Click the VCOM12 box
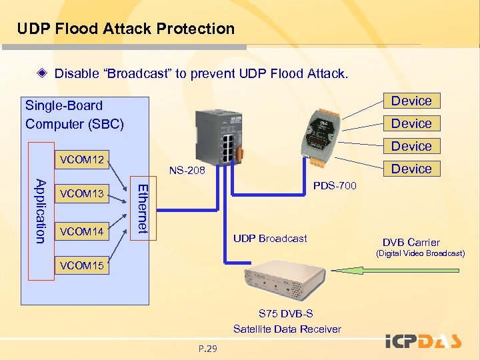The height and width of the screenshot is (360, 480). [x=82, y=159]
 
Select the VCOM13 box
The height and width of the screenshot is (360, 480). [x=82, y=193]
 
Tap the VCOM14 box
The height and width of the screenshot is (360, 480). [x=82, y=231]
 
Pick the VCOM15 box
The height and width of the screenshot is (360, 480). [x=82, y=265]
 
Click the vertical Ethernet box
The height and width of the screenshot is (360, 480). [x=143, y=208]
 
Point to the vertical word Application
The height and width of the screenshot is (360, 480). [x=41, y=211]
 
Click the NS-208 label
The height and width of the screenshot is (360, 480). [x=187, y=170]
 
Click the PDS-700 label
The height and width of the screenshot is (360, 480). [x=335, y=185]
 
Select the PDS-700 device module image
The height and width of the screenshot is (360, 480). [x=320, y=137]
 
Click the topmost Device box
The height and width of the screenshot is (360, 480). [x=412, y=101]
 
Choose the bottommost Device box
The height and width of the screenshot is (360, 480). [x=412, y=169]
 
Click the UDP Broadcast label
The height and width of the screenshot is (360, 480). [x=270, y=239]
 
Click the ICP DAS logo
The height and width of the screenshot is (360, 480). [x=423, y=341]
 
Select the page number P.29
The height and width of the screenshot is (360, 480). [x=208, y=349]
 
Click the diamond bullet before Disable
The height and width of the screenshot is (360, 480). [x=42, y=73]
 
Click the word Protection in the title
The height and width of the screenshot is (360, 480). [x=195, y=29]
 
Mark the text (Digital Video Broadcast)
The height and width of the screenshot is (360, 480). [x=421, y=253]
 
